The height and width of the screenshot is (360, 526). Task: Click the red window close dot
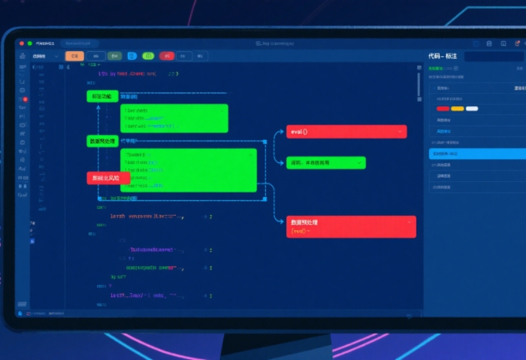click(21, 44)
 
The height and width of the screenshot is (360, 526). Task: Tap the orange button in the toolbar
click(74, 56)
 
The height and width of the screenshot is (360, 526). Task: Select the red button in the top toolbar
click(167, 56)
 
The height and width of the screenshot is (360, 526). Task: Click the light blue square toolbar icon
click(131, 56)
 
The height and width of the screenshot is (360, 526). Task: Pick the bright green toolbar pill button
click(148, 56)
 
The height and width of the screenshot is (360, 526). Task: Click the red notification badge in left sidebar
click(26, 99)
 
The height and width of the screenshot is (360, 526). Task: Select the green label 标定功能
click(102, 96)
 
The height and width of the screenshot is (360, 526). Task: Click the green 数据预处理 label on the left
click(102, 141)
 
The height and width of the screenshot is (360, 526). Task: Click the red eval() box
click(346, 132)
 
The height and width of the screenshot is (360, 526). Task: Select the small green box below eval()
click(325, 162)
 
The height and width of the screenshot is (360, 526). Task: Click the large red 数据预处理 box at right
click(351, 226)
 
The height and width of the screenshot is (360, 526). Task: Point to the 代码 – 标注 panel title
click(443, 56)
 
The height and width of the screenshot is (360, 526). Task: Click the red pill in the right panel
click(443, 108)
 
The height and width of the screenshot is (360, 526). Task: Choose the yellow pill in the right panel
click(457, 108)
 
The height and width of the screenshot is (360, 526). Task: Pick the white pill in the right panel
click(472, 108)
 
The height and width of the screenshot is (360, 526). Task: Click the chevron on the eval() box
click(400, 132)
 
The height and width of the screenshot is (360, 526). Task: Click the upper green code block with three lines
click(174, 118)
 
